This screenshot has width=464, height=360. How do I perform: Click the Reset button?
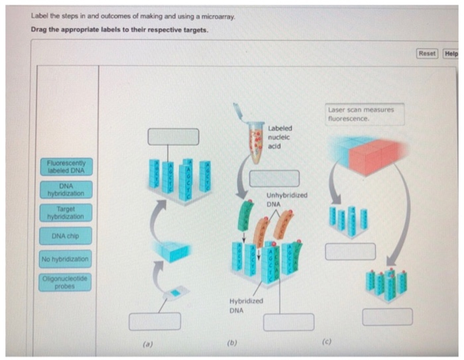click(x=427, y=53)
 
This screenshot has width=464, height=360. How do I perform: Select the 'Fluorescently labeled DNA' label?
click(x=66, y=166)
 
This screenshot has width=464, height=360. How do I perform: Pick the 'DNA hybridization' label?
click(x=66, y=190)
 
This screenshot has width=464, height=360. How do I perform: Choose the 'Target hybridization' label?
click(x=66, y=212)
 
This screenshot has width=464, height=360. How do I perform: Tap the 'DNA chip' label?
click(x=66, y=236)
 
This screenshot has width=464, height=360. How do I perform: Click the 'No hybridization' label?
click(x=66, y=259)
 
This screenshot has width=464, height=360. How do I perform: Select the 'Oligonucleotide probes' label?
click(x=66, y=282)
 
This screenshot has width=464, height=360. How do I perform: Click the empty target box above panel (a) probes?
click(x=172, y=136)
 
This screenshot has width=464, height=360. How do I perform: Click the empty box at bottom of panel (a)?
click(x=154, y=321)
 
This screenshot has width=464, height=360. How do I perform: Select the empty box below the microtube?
click(x=274, y=178)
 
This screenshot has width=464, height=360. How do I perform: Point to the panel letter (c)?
click(x=327, y=342)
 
